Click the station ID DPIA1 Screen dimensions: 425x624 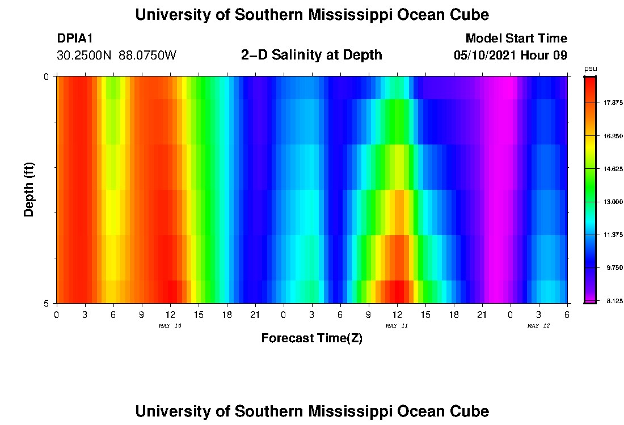[x=75, y=39]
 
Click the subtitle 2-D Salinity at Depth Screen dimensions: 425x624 [x=311, y=55]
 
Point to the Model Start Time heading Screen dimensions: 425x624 [x=516, y=39]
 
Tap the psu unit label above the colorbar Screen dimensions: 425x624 [x=591, y=69]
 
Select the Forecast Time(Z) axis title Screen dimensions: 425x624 [x=311, y=338]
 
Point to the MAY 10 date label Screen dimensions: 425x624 [x=170, y=326]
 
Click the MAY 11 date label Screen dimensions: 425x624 [x=397, y=326]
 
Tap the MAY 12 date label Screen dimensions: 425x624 [x=539, y=326]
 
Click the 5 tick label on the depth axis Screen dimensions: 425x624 [x=47, y=303]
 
